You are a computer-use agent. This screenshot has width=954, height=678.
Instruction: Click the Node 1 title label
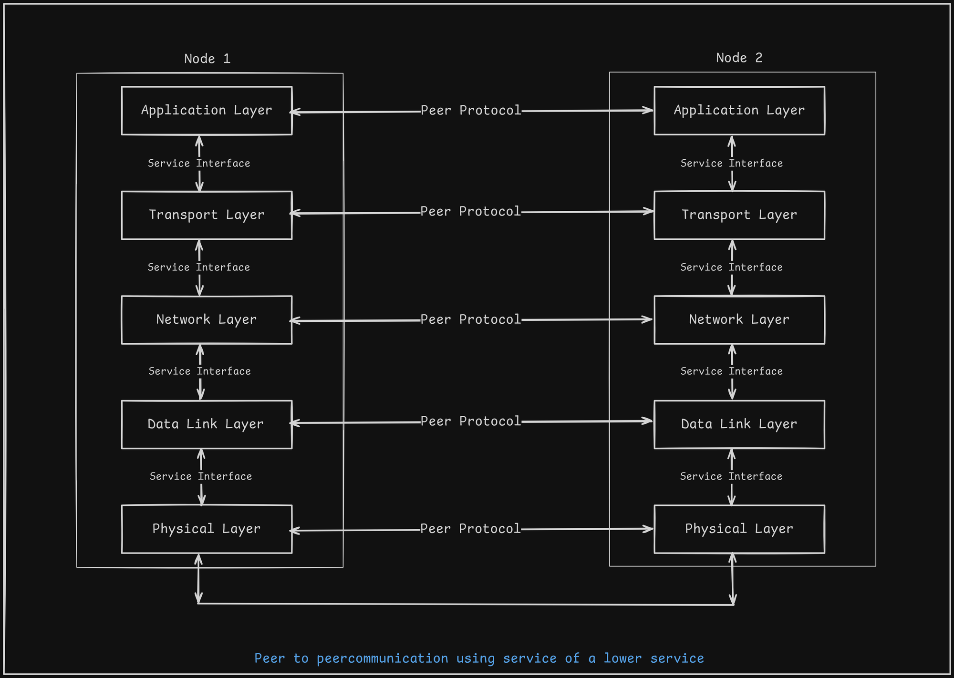(207, 59)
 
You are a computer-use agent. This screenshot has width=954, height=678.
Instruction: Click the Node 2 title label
(739, 58)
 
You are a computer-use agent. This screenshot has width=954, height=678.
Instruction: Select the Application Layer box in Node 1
(207, 111)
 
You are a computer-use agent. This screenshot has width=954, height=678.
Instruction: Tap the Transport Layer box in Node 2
(739, 215)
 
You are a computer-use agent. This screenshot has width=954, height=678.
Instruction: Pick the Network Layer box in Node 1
(207, 319)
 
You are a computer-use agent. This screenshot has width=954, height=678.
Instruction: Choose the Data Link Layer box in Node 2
(739, 424)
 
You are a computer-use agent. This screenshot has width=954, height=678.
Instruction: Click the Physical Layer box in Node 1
(207, 529)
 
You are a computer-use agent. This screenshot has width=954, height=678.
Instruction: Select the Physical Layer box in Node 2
(739, 529)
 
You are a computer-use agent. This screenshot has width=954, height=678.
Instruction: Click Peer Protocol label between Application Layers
(470, 111)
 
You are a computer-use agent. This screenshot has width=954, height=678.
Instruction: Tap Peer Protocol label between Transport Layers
(470, 212)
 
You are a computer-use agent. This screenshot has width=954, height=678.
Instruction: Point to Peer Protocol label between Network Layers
(470, 319)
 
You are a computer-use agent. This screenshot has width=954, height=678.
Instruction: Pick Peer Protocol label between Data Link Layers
(470, 421)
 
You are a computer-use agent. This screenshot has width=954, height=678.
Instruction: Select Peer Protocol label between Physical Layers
(470, 529)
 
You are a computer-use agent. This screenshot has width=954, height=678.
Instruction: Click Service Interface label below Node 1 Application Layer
(199, 164)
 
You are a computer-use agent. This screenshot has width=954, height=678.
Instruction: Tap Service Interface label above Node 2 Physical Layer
(731, 476)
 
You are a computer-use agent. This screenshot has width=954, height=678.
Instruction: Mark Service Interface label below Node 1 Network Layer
(199, 371)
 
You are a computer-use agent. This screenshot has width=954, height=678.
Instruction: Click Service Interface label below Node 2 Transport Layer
(731, 267)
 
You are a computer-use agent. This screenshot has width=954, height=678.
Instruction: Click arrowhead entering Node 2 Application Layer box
(649, 110)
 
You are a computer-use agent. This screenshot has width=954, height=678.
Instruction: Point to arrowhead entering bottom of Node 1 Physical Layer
(198, 559)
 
